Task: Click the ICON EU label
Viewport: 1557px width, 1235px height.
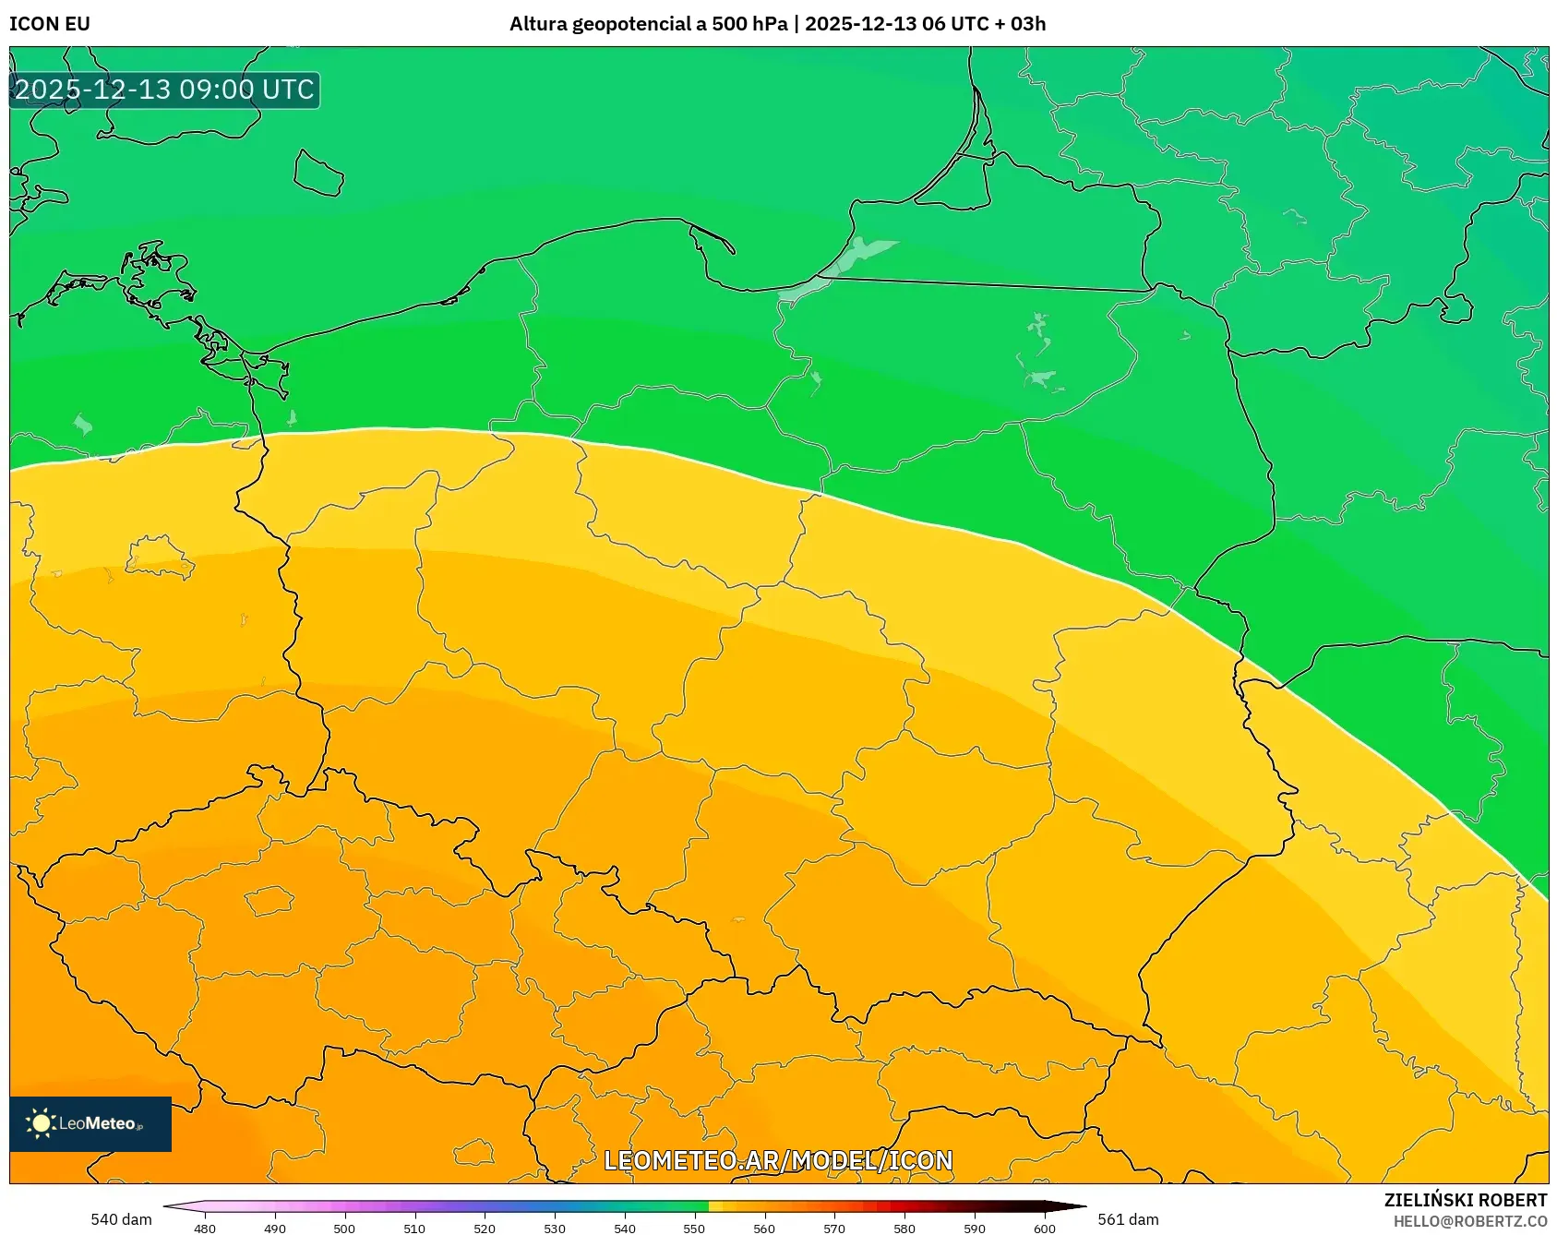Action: pyautogui.click(x=50, y=24)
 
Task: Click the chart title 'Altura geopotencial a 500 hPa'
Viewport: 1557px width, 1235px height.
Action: pyautogui.click(x=648, y=24)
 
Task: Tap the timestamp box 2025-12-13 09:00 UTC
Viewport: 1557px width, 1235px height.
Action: pyautogui.click(x=164, y=90)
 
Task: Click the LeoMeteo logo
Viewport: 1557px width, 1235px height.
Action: pyautogui.click(x=90, y=1123)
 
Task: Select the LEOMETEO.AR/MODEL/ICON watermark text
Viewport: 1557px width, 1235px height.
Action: pyautogui.click(x=777, y=1160)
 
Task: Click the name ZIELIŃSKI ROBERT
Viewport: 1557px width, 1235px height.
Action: pyautogui.click(x=1465, y=1200)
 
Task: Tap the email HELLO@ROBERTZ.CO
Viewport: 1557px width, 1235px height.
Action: pyautogui.click(x=1469, y=1221)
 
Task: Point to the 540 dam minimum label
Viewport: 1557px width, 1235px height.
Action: pyautogui.click(x=121, y=1219)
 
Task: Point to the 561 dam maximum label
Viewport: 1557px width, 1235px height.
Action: pyautogui.click(x=1128, y=1219)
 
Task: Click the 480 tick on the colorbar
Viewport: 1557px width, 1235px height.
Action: pyautogui.click(x=205, y=1228)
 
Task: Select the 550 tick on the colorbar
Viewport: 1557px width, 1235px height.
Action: pyautogui.click(x=694, y=1228)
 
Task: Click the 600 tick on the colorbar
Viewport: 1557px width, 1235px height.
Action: pyautogui.click(x=1044, y=1228)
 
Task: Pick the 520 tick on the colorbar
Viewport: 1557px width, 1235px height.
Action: pyautogui.click(x=485, y=1228)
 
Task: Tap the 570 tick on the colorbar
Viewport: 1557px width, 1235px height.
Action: pyautogui.click(x=834, y=1228)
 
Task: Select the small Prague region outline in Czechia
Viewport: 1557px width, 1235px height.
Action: pyautogui.click(x=269, y=900)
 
